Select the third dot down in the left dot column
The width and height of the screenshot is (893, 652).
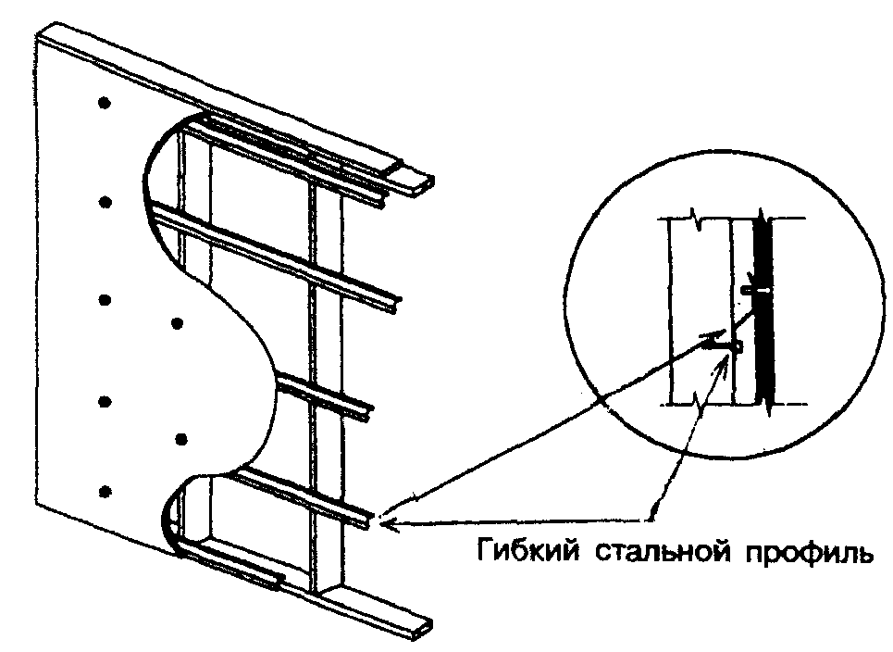point(105,300)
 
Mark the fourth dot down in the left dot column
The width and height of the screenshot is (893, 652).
point(105,401)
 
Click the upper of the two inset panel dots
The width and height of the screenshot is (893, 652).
point(179,323)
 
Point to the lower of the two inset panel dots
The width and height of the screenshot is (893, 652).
point(181,437)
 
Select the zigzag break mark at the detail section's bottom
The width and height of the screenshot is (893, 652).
point(695,403)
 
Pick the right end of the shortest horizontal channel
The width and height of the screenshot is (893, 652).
point(368,408)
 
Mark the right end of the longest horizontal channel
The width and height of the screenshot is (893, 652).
point(396,303)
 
